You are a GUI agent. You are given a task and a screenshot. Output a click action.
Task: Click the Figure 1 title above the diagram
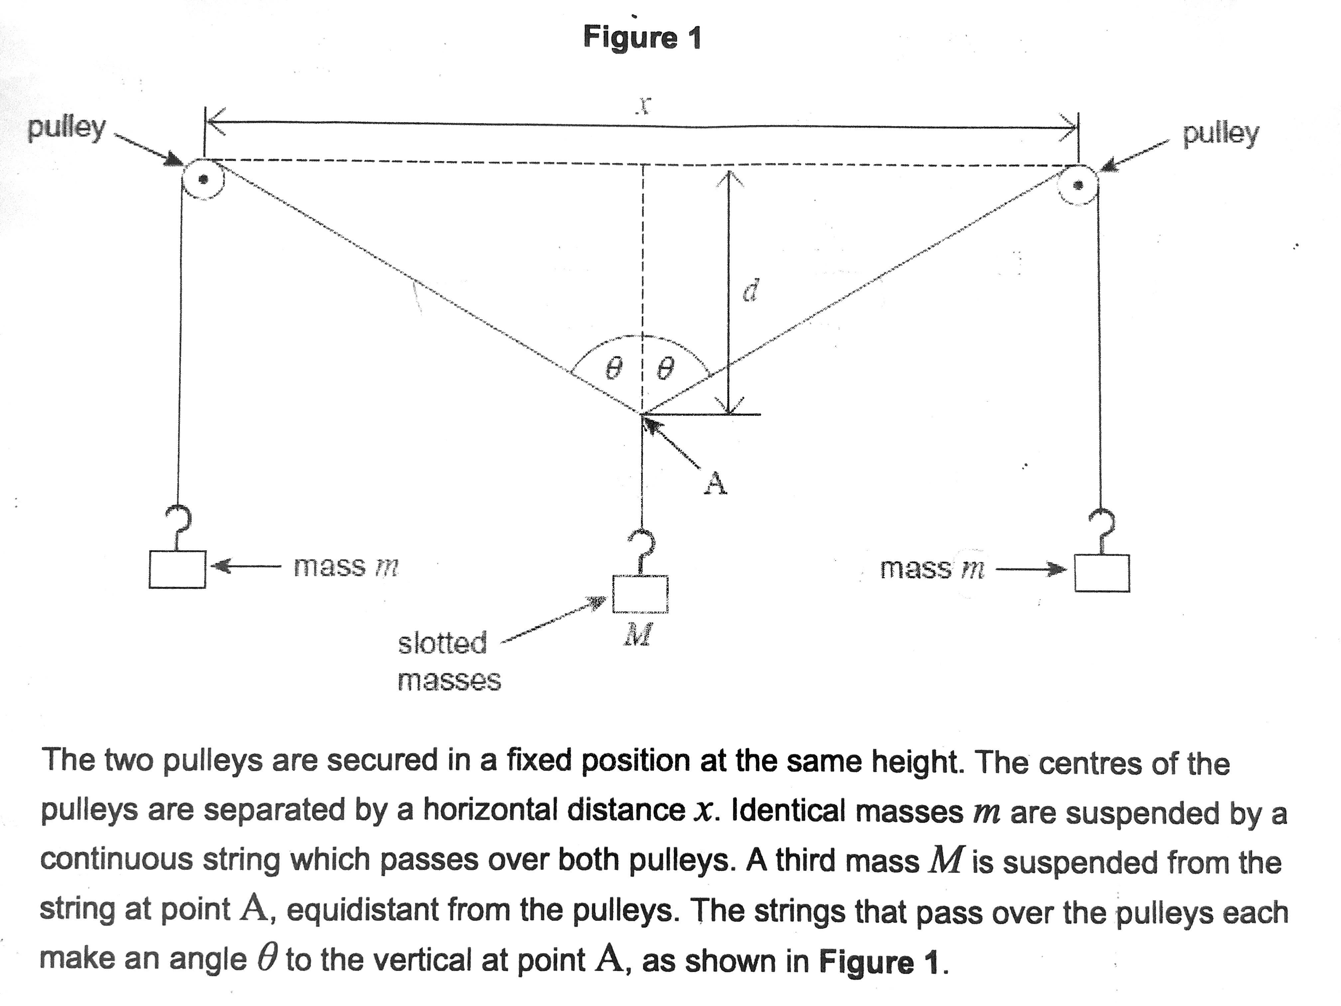pos(642,38)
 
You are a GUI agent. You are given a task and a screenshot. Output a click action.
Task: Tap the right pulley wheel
pos(1078,186)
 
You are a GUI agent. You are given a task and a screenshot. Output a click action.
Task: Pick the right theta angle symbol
pos(665,369)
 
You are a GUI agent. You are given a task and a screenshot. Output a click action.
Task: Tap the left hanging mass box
pos(177,569)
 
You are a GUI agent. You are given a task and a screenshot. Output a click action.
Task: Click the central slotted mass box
pos(640,594)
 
